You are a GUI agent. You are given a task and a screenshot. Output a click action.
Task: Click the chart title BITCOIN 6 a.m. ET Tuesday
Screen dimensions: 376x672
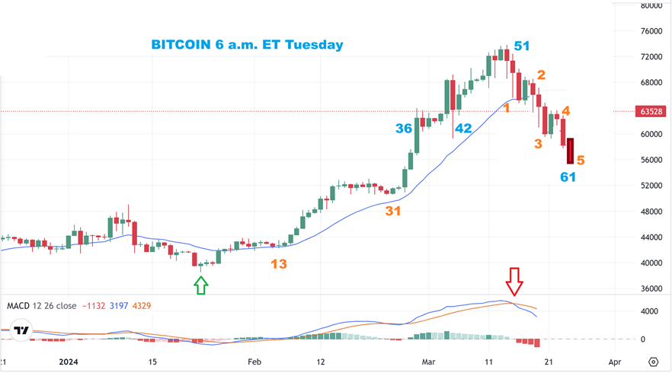247,45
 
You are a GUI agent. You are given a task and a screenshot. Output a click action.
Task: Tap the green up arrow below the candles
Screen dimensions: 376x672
201,285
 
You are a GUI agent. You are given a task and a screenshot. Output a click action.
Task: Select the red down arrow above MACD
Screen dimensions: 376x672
515,281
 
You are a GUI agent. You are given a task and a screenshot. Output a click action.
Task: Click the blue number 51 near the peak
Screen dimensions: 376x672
522,46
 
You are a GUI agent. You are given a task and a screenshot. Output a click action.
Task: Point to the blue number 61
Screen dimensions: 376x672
568,177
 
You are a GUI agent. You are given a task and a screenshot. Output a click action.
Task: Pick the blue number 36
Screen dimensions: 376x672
404,129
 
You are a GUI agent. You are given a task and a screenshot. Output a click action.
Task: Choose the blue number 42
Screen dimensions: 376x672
463,129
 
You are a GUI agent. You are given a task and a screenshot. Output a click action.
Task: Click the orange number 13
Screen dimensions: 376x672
279,264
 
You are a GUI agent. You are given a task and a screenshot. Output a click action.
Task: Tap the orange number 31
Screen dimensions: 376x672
392,211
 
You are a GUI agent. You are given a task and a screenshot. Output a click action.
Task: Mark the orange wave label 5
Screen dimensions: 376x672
581,161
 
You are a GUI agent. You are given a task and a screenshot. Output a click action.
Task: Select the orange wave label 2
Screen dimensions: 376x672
541,75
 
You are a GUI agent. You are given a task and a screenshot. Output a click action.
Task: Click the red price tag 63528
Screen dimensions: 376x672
651,111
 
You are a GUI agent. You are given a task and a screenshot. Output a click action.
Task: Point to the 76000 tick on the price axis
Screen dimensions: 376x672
651,31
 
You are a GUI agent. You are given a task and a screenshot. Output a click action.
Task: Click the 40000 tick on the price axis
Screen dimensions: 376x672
651,263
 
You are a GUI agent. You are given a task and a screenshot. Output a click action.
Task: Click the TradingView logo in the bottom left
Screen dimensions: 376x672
22,331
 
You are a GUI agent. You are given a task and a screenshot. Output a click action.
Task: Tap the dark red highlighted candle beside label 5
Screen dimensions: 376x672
570,150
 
